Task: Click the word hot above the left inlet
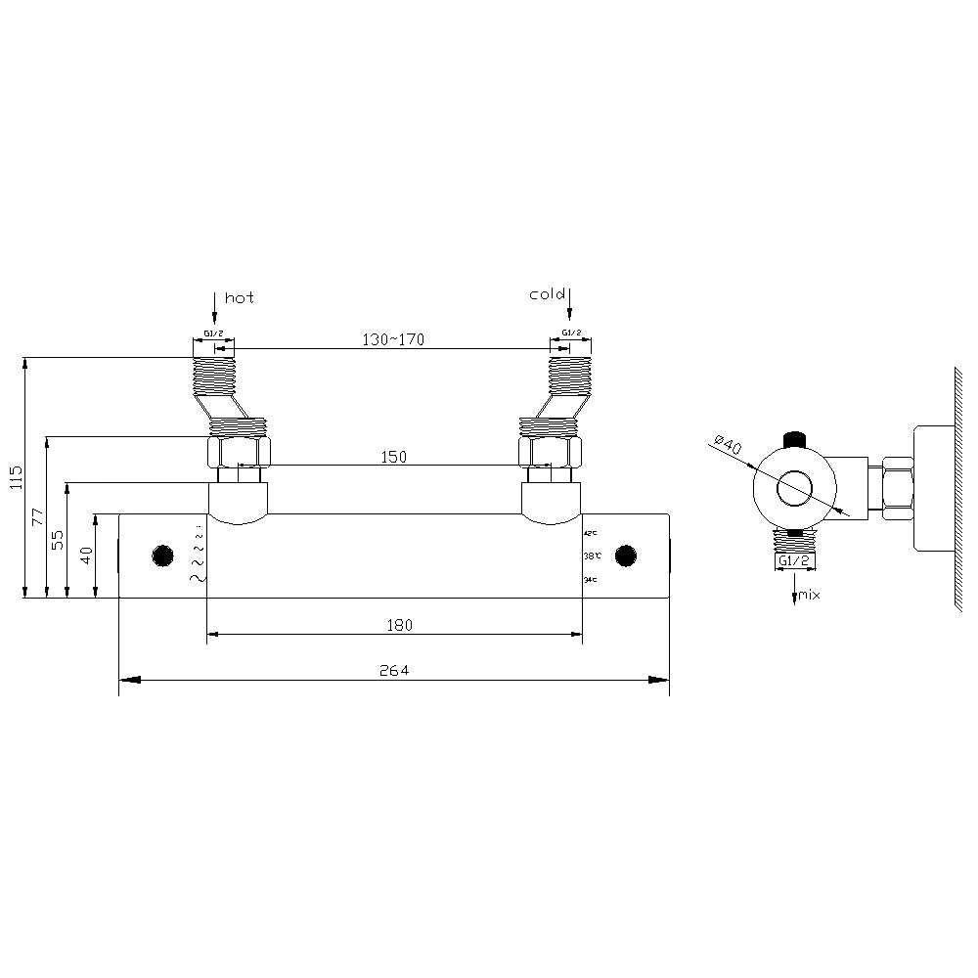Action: [x=240, y=297]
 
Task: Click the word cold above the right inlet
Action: [x=547, y=294]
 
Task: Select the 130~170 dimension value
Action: [x=393, y=338]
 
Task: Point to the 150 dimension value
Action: [x=393, y=456]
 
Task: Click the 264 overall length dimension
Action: [x=393, y=670]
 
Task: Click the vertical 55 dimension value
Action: [x=58, y=539]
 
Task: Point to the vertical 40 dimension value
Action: [x=86, y=556]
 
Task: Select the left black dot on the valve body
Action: [x=162, y=556]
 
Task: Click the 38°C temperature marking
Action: [x=590, y=556]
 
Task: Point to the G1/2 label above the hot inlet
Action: [x=213, y=333]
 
